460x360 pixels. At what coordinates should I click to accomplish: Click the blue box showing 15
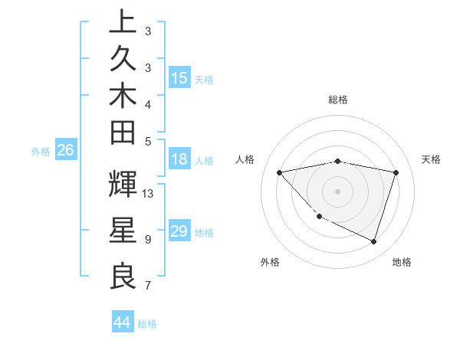179,78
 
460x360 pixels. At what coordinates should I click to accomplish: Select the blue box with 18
179,161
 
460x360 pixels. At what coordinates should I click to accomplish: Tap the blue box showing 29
179,231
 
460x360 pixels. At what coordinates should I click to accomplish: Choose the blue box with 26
65,151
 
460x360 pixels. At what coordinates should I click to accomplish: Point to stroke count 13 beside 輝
149,193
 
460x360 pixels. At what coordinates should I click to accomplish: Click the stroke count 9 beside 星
147,240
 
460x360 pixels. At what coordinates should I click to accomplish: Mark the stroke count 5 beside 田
147,141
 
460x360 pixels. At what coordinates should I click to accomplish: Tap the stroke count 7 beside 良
147,286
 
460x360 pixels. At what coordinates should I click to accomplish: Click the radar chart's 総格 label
338,100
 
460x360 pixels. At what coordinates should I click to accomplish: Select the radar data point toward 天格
396,172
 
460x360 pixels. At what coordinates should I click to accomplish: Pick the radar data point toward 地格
373,241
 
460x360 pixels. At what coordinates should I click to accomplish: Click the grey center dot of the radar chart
337,191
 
